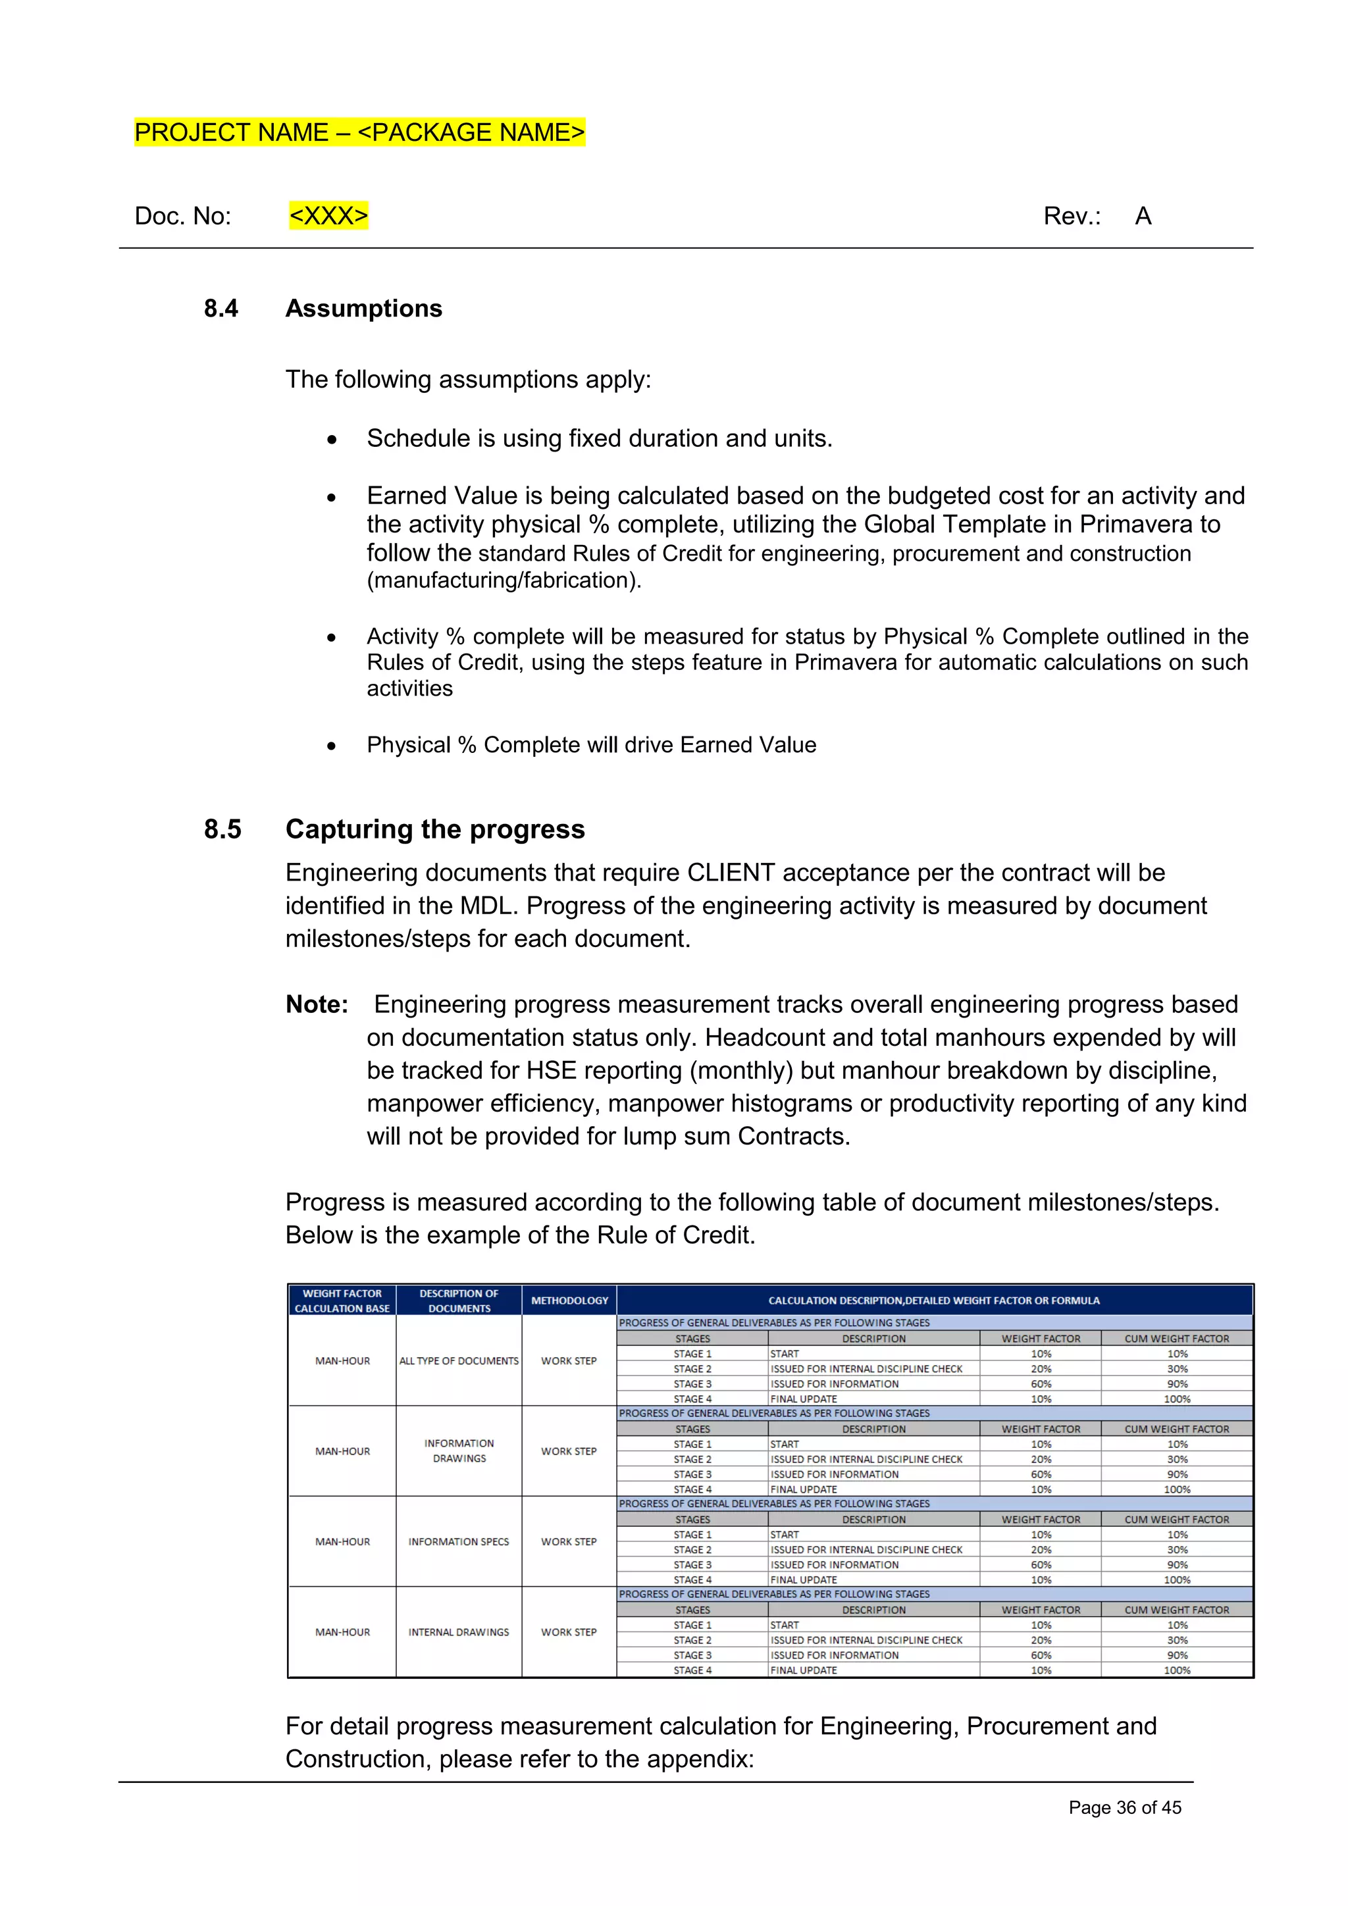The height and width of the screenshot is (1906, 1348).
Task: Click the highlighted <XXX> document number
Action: [328, 216]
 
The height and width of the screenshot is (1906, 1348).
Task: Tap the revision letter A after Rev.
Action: [1143, 216]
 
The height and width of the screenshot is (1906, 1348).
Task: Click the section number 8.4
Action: [220, 308]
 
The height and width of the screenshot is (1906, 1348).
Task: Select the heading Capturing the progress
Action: [435, 829]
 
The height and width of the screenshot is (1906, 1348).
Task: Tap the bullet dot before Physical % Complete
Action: [331, 746]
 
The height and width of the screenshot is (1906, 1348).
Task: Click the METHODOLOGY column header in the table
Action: [569, 1300]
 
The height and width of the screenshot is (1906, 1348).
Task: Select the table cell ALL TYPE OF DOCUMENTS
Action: [459, 1360]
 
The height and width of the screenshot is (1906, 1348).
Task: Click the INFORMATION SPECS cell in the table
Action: [459, 1541]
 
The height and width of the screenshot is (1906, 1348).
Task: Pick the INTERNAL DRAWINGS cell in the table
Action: [459, 1632]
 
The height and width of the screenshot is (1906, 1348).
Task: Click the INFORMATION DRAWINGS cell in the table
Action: [459, 1451]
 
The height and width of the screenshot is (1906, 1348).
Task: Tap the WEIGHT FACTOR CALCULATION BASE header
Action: [342, 1300]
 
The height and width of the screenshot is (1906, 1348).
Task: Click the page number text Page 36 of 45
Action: [1124, 1807]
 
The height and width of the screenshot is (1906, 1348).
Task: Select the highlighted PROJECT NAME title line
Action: [359, 133]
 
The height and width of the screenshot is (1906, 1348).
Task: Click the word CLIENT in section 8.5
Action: [731, 873]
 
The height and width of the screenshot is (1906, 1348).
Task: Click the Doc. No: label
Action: [182, 216]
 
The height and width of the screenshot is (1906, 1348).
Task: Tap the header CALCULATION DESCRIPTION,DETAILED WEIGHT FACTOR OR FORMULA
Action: [934, 1300]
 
